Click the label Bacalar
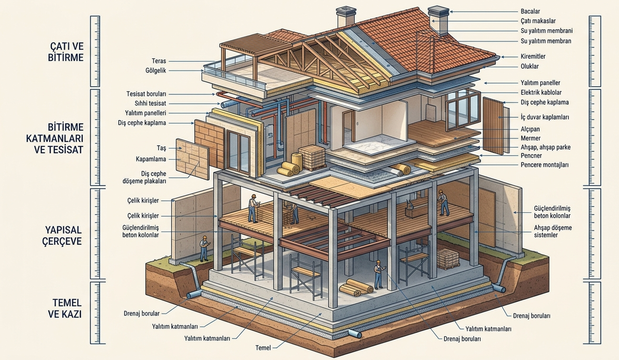coord(530,11)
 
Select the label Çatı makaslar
coord(538,21)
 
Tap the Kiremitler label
coord(533,56)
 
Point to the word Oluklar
coord(529,66)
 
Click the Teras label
coord(159,61)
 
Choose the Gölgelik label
coord(156,71)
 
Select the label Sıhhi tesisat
coord(151,104)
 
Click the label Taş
coord(162,149)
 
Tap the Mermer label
coord(530,138)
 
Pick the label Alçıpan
coord(530,129)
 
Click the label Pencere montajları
coord(544,165)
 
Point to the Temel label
coord(263,347)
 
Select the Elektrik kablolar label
coord(541,92)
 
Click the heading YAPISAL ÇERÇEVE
coord(63,235)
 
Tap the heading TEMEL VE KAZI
coord(65,308)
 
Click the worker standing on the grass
coord(204,249)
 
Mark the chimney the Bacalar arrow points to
coord(438,20)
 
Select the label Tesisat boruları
coord(146,94)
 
